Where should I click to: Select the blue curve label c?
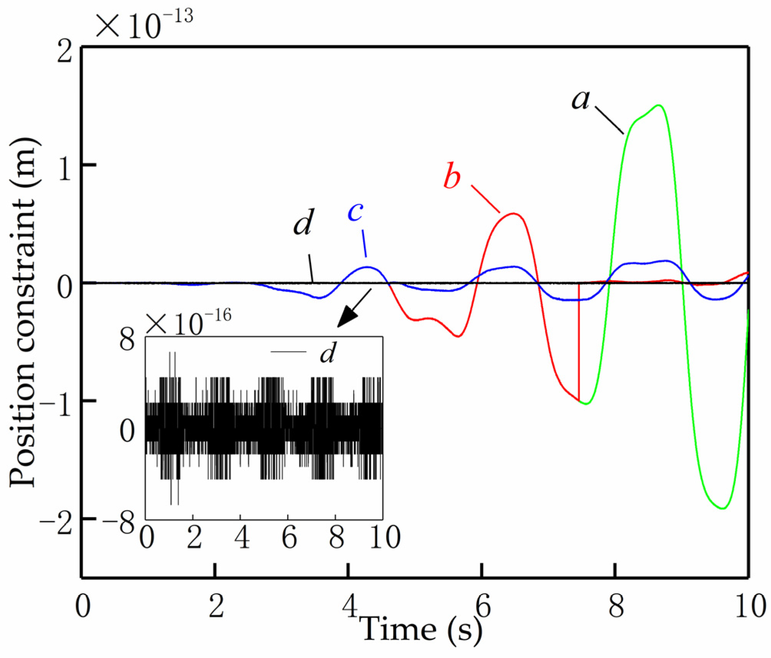[355, 212]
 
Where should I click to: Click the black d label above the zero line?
[303, 223]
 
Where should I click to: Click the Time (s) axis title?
[421, 630]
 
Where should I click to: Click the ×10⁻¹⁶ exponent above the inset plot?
[188, 323]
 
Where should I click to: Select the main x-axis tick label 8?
[616, 607]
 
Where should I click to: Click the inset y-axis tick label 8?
[127, 339]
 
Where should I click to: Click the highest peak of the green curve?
[659, 105]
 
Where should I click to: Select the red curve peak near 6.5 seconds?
[513, 213]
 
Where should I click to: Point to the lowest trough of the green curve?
[723, 509]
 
